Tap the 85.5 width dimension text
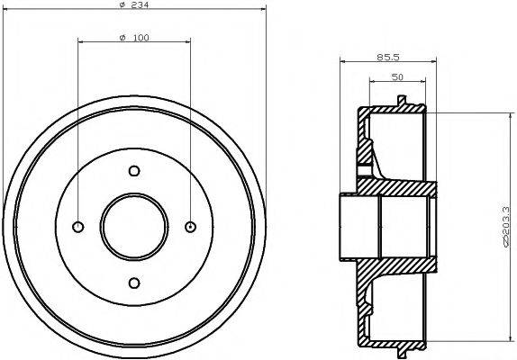click(382, 57)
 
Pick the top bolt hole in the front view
click(134, 171)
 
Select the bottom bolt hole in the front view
click(134, 283)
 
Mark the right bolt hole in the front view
click(190, 227)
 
